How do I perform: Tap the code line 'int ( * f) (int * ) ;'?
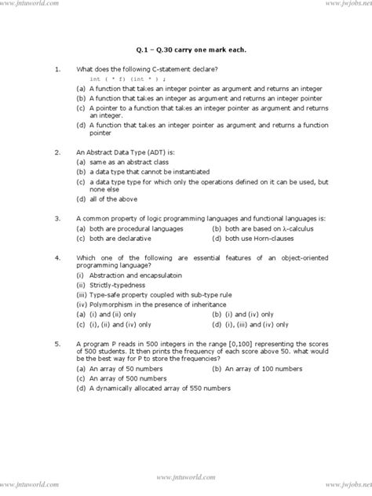click(128, 80)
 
